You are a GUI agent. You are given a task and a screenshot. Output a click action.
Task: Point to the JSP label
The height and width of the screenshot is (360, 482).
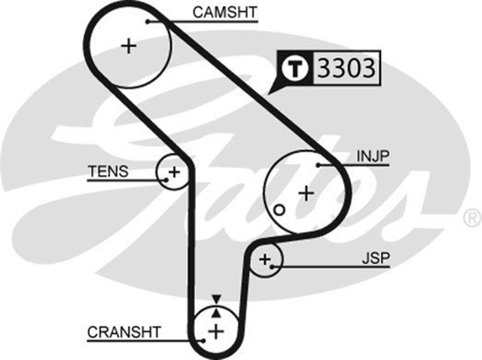pos(374,258)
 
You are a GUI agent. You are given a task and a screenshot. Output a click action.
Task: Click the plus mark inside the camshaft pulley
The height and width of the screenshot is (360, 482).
pos(129,46)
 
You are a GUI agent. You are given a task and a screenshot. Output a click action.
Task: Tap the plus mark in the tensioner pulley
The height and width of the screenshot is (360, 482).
pos(174,172)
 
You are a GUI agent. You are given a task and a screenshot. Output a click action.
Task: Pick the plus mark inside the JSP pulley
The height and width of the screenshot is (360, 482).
pos(264,261)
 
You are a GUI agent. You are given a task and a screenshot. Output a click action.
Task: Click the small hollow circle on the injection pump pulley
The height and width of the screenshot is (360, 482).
pos(279,209)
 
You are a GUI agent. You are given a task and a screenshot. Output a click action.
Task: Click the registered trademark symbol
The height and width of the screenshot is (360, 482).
pos(472,218)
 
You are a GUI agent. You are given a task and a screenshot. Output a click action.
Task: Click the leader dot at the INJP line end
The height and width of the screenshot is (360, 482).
pos(319,164)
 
